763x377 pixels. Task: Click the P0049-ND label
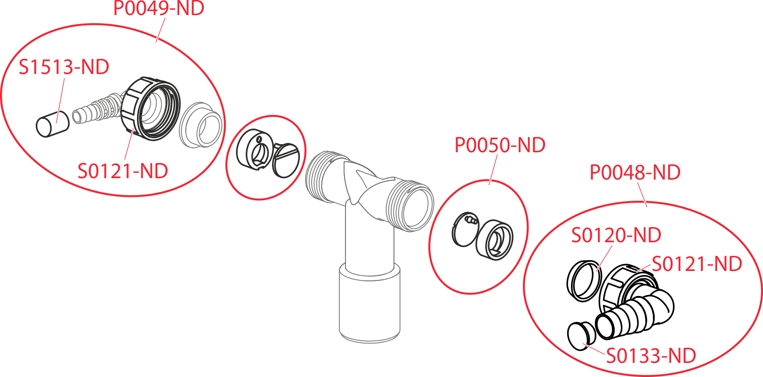tap(159, 8)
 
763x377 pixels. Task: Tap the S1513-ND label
tap(64, 67)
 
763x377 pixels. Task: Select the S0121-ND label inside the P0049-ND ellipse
tap(123, 171)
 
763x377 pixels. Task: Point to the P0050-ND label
tap(500, 145)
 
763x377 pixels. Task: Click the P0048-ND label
tap(635, 172)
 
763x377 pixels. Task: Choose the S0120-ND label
tap(616, 235)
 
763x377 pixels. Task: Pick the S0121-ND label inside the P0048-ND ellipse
tap(697, 264)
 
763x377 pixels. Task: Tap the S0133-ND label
tap(651, 356)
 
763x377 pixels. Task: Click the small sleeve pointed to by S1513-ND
tap(52, 125)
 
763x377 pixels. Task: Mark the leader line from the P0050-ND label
tap(493, 170)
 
